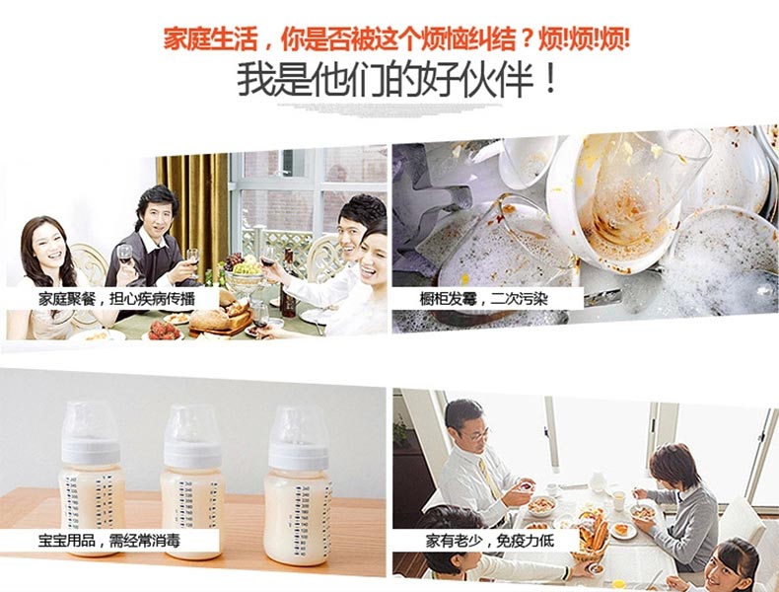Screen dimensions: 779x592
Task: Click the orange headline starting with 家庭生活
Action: point(396,38)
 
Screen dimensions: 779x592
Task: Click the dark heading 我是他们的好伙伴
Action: point(397,80)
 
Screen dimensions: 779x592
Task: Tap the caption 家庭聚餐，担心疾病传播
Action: point(116,299)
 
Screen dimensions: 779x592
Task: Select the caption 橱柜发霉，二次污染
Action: point(483,299)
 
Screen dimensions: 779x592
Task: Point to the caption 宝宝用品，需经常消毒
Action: point(109,541)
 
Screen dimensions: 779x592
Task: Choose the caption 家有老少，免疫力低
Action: point(489,541)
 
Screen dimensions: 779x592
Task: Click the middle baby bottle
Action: point(192,481)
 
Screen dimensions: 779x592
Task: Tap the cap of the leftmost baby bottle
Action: point(90,424)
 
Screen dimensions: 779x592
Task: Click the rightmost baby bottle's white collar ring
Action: point(298,456)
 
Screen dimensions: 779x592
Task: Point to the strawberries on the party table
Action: point(164,330)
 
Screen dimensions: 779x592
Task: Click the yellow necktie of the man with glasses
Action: point(489,479)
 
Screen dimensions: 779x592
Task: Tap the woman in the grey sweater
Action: point(677,506)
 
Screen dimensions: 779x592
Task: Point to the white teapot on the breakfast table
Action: point(598,481)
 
